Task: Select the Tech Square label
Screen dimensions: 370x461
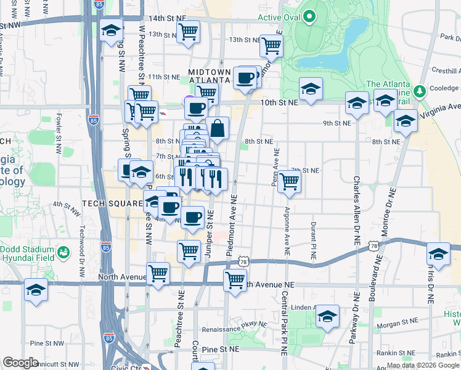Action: coord(108,203)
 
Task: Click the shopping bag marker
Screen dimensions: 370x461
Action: coord(218,129)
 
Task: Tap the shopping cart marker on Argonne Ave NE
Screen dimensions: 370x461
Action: coord(289,183)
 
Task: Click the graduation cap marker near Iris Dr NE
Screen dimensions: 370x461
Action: coord(438,253)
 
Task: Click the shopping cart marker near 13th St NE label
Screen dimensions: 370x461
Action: coord(271,45)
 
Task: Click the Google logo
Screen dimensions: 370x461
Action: coord(20,362)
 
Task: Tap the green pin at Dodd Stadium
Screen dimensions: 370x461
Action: coord(62,252)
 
